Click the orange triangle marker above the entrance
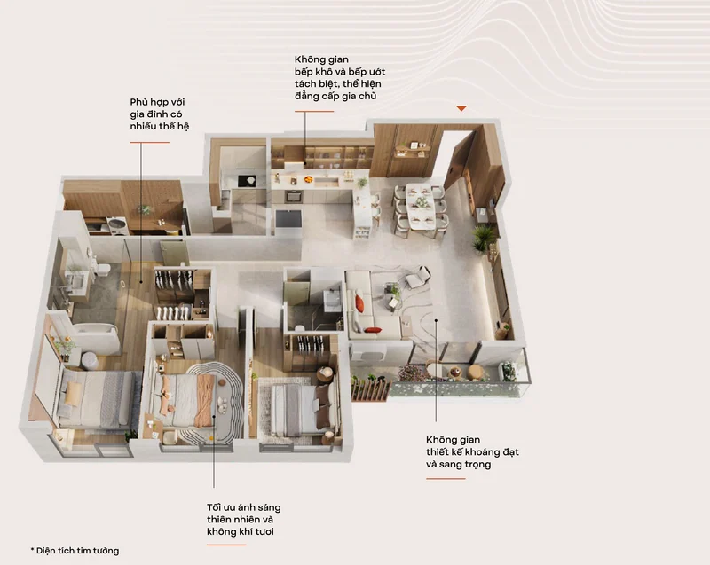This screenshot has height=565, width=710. pos(461,108)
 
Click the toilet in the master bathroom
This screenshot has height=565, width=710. pos(103,269)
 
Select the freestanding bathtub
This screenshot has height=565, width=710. pos(96,337)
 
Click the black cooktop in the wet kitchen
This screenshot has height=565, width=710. pos(247,180)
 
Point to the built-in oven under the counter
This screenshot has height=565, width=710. pos(293,196)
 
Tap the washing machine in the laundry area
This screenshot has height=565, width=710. pos(117,225)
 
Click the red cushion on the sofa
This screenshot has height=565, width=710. pos(359,304)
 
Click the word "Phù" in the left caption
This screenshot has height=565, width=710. pos(138,102)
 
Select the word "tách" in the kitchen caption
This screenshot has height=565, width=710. pos(306,83)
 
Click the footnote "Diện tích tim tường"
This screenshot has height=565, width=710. pos(77,551)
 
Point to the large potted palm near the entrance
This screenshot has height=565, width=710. pos(483,237)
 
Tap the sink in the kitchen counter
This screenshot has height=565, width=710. pos(327,182)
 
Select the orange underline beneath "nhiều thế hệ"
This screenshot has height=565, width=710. pos(149,142)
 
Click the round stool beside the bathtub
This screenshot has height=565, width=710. pos(90,360)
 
